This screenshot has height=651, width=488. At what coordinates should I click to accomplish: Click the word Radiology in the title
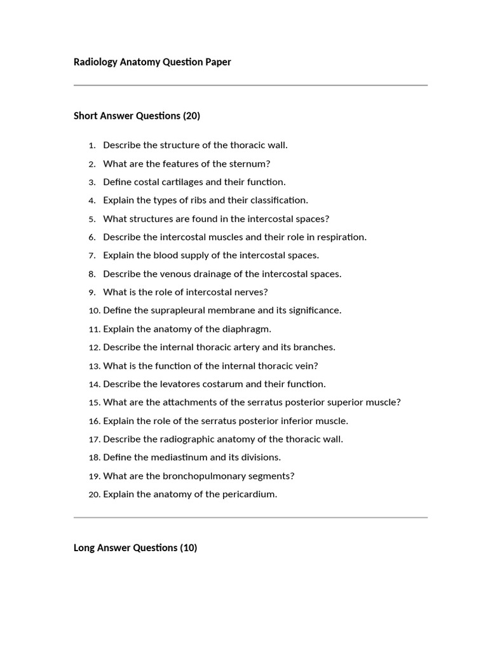96,62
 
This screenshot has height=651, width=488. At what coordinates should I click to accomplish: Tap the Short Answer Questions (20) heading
137,116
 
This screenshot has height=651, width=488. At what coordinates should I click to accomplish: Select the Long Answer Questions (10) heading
135,547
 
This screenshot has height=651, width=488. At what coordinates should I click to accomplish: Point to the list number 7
92,256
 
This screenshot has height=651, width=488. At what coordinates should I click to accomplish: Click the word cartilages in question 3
178,182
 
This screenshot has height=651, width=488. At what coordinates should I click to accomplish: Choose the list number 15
95,402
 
